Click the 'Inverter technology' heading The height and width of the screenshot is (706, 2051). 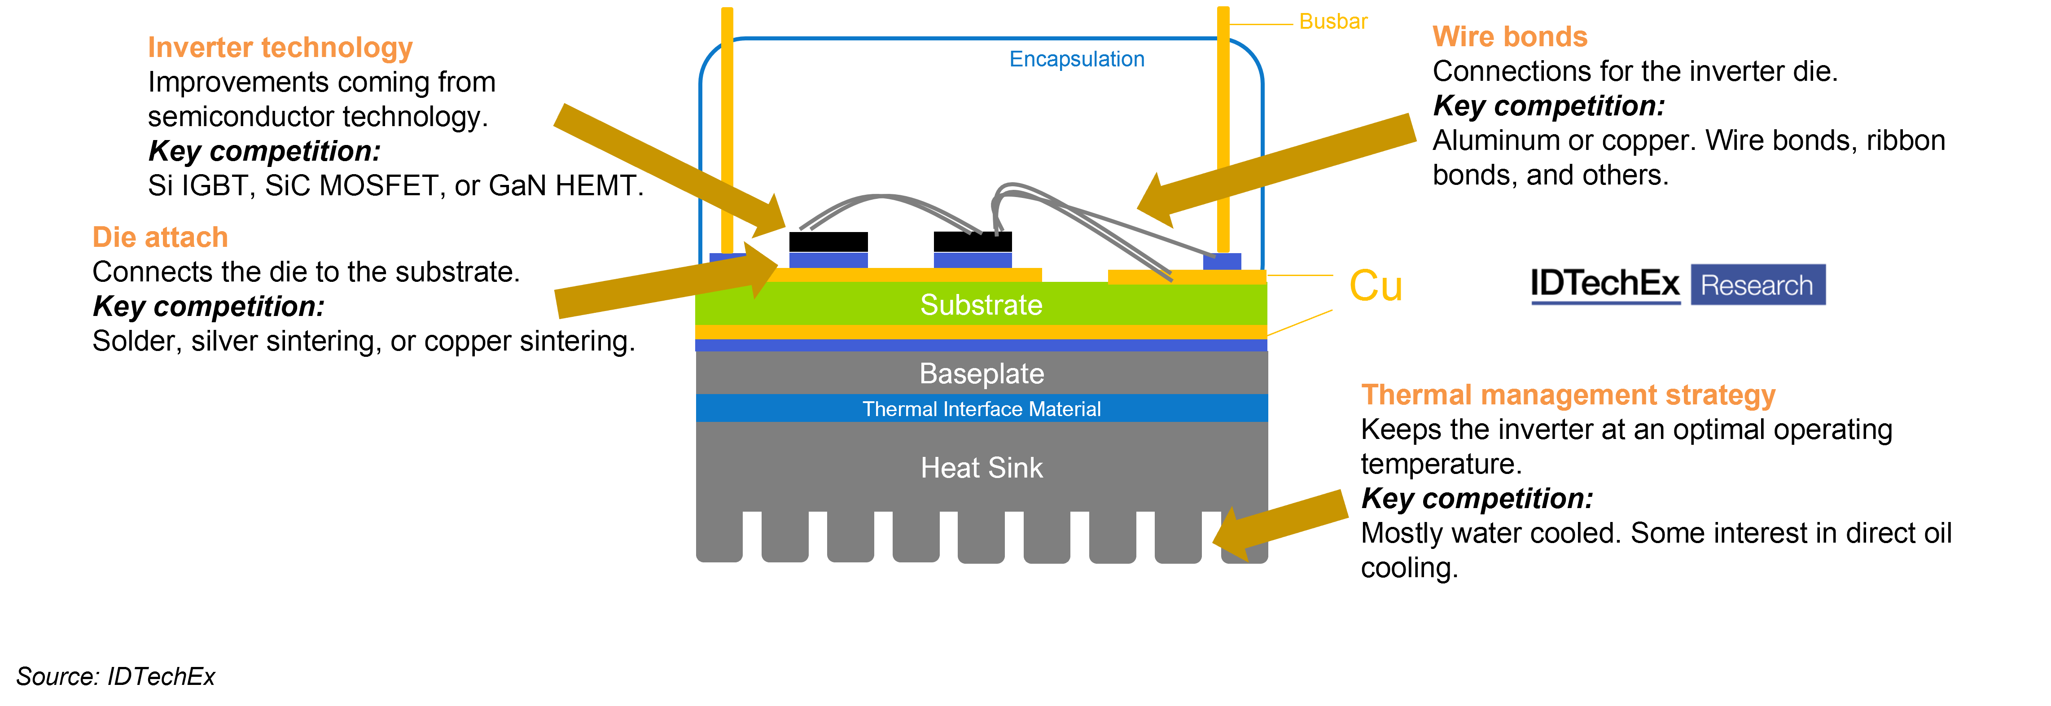(x=280, y=48)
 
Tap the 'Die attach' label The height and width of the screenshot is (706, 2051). (x=160, y=237)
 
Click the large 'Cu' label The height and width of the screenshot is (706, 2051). (x=1375, y=286)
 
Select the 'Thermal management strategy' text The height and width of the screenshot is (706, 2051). (x=1568, y=395)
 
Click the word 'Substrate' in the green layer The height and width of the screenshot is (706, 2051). (x=981, y=305)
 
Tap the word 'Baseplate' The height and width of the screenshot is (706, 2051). (x=981, y=373)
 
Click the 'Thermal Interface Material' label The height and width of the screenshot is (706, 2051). (x=981, y=409)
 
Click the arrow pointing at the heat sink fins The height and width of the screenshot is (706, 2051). (x=1282, y=524)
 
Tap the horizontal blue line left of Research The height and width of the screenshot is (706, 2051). (x=1605, y=303)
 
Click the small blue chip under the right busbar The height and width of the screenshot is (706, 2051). (x=1221, y=262)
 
